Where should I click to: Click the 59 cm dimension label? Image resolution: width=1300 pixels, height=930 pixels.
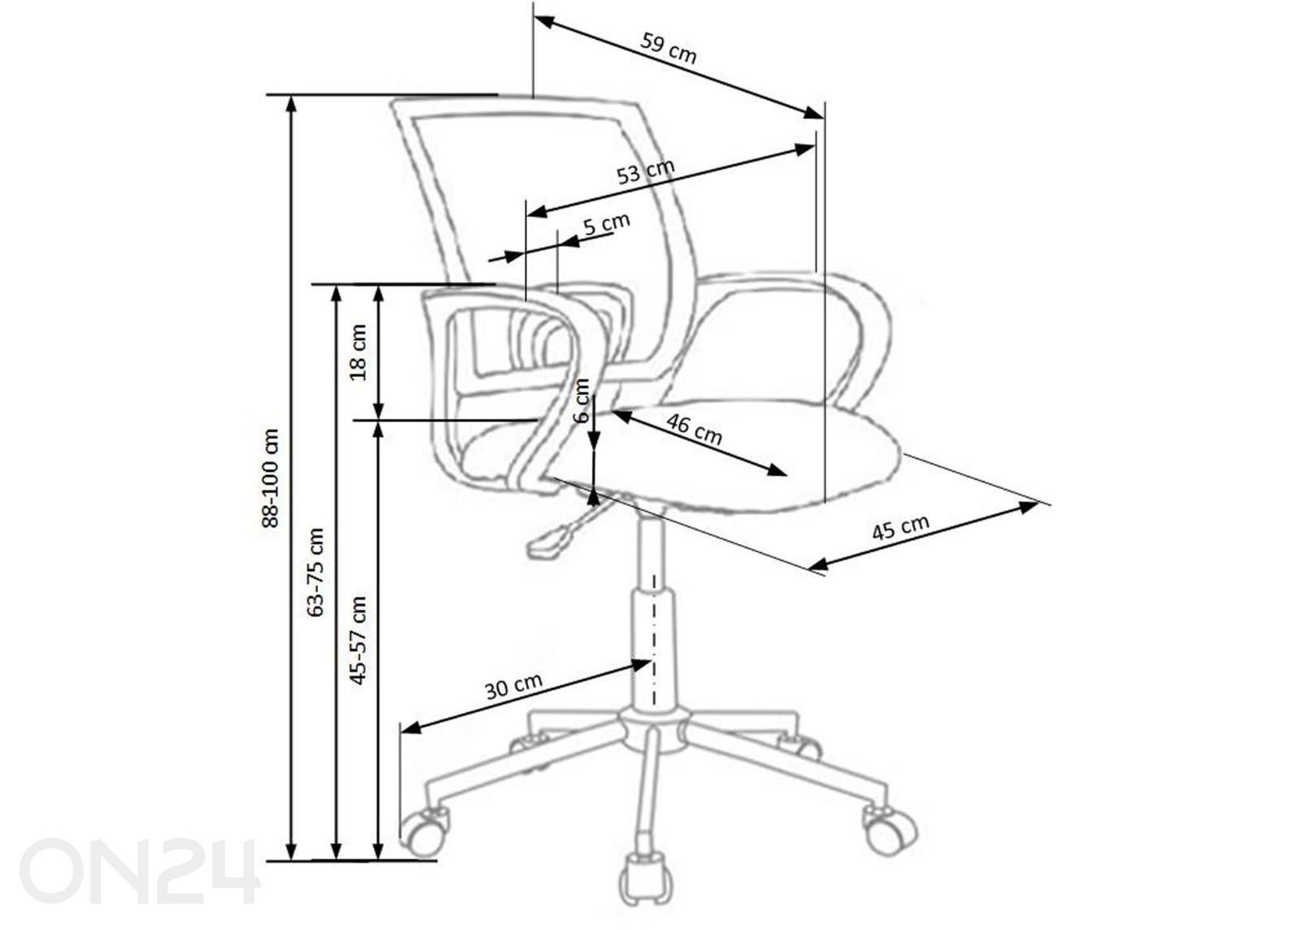[x=668, y=49]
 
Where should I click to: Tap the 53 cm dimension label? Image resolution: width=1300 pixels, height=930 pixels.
[x=645, y=171]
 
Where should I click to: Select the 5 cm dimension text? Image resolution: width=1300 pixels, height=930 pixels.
[x=606, y=223]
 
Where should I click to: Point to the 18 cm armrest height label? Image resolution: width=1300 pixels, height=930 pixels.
[x=358, y=353]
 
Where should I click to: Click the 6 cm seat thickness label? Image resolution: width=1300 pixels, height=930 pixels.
[x=582, y=400]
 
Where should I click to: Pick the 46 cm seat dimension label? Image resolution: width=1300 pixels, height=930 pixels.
[x=694, y=430]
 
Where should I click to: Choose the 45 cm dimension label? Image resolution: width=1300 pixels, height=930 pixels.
[x=901, y=527]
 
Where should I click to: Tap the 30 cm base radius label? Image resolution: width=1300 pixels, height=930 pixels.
[x=513, y=686]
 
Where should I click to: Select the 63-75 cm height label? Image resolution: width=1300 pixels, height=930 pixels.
[x=316, y=572]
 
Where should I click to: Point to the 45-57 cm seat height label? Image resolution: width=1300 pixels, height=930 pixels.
[x=358, y=640]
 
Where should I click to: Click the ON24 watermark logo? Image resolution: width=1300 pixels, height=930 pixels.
[x=139, y=871]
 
